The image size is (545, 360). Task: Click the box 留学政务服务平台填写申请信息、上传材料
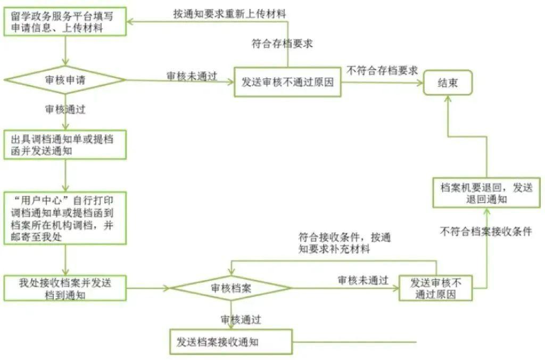coord(65,22)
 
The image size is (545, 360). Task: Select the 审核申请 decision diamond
coord(65,80)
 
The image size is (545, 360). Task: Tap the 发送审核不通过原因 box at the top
coord(287,82)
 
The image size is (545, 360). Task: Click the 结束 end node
coord(448,83)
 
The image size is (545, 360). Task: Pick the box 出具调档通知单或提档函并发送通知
coord(65,144)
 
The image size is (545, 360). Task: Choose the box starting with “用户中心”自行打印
coord(65,218)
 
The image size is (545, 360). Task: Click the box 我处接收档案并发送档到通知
coord(65,288)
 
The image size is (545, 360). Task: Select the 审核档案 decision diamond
coord(231,288)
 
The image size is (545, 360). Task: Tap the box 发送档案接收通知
coord(231,342)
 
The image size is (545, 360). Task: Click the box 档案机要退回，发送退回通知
coord(486,193)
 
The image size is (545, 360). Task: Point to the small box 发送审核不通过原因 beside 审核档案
coord(435,288)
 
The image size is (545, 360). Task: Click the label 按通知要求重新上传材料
coord(229,14)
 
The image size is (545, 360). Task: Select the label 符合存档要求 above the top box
coord(282,44)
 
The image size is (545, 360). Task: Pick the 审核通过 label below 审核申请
coord(65,110)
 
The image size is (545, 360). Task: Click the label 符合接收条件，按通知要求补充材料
coord(344,242)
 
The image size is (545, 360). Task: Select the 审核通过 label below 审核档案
coord(241,320)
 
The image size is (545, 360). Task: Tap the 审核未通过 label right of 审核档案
coord(363,281)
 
